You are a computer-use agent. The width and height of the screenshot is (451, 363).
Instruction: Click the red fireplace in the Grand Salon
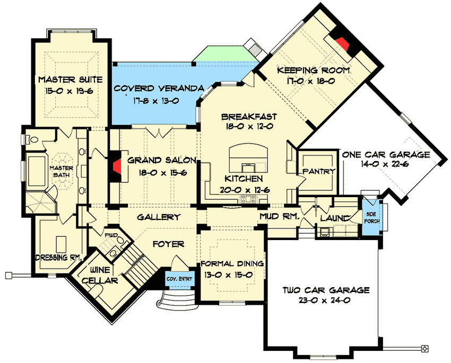click(117, 166)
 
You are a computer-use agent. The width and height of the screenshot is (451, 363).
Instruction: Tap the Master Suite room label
click(71, 79)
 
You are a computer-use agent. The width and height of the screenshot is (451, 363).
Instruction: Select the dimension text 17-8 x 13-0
click(156, 101)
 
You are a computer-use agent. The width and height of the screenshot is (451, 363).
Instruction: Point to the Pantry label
click(319, 172)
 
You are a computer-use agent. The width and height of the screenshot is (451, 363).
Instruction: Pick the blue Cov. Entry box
click(179, 279)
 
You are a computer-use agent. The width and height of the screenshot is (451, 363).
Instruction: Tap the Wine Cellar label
click(100, 275)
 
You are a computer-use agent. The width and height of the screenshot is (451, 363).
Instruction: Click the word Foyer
click(169, 244)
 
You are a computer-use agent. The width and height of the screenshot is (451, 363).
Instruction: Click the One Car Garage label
click(386, 155)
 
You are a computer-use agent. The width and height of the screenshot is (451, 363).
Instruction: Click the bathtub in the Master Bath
click(36, 171)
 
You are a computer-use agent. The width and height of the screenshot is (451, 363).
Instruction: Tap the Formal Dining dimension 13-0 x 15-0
click(229, 275)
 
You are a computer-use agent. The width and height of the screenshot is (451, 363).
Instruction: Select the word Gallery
click(159, 217)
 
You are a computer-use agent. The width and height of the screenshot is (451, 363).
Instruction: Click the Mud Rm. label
click(280, 216)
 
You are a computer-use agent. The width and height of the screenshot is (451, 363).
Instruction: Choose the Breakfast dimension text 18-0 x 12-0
click(249, 126)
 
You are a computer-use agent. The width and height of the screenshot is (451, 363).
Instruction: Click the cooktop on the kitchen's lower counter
click(248, 198)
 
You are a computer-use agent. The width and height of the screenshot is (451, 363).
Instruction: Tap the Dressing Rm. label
click(59, 258)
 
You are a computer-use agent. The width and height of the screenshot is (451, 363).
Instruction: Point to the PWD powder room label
click(111, 235)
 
